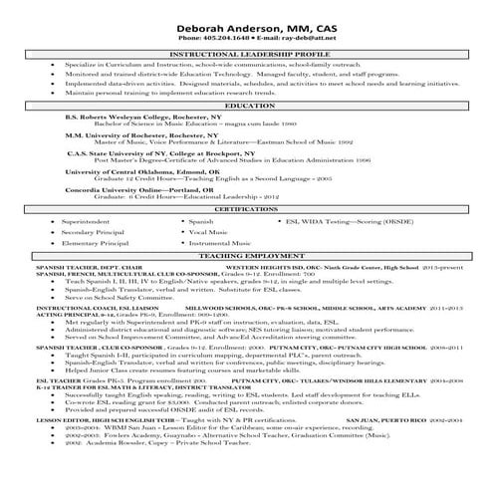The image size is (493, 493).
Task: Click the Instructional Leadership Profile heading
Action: click(x=247, y=55)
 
